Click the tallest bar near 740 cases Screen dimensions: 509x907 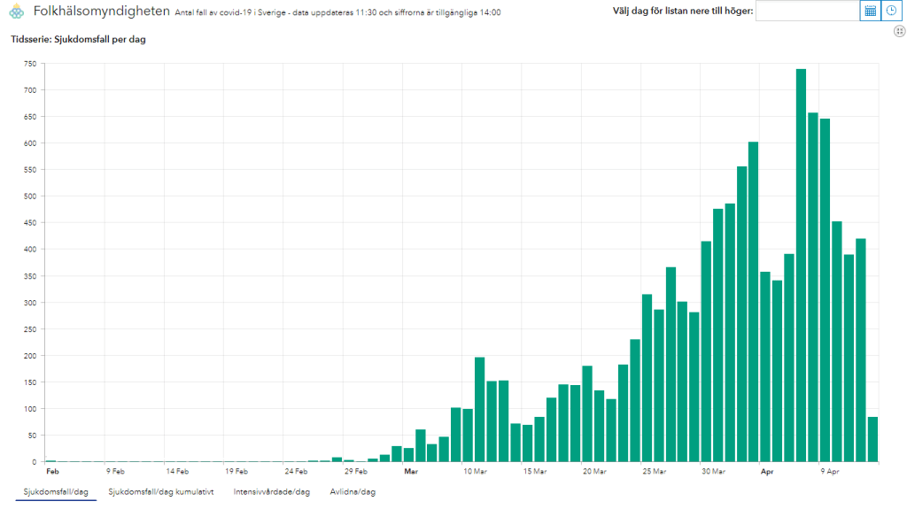pyautogui.click(x=801, y=266)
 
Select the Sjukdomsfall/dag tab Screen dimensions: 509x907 pyautogui.click(x=56, y=491)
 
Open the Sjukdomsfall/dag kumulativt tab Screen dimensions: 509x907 pyautogui.click(x=160, y=491)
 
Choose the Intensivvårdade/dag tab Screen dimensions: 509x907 pyautogui.click(x=271, y=491)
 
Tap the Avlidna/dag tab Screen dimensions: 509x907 pyautogui.click(x=353, y=491)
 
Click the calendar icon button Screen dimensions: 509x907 pyautogui.click(x=870, y=11)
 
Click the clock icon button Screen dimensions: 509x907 pyautogui.click(x=891, y=11)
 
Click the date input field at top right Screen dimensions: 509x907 pyautogui.click(x=807, y=11)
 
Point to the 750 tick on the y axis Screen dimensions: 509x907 pyautogui.click(x=30, y=64)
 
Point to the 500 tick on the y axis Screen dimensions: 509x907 pyautogui.click(x=30, y=197)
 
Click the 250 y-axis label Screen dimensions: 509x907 pyautogui.click(x=30, y=329)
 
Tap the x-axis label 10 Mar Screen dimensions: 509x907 pyautogui.click(x=475, y=472)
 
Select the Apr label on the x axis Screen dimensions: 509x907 pyautogui.click(x=767, y=472)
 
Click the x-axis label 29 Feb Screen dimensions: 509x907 pyautogui.click(x=354, y=472)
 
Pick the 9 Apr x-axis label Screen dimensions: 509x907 pyautogui.click(x=829, y=472)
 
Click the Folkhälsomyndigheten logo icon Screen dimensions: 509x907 pyautogui.click(x=16, y=12)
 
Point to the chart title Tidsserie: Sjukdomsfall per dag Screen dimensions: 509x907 pyautogui.click(x=77, y=40)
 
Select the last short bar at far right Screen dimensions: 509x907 pyautogui.click(x=872, y=440)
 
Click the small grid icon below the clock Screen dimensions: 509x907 pyautogui.click(x=899, y=31)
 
